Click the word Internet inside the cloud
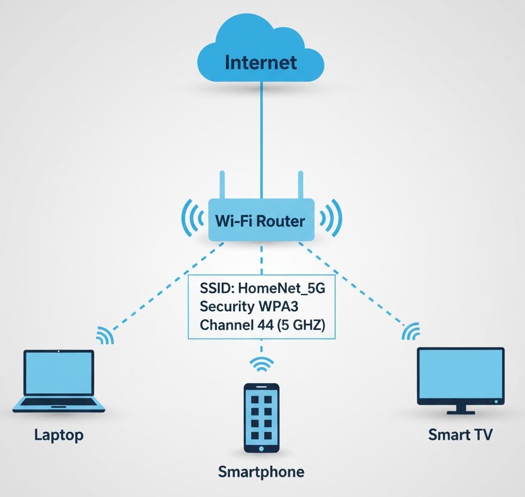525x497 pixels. (260, 62)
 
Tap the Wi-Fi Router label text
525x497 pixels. (260, 221)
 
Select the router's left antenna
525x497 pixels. (222, 185)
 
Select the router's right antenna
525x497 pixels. (300, 185)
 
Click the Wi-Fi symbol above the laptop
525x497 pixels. (104, 335)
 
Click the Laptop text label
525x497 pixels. (58, 436)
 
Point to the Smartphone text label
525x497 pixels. (261, 472)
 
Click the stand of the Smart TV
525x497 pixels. (461, 409)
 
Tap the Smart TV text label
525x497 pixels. (460, 436)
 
